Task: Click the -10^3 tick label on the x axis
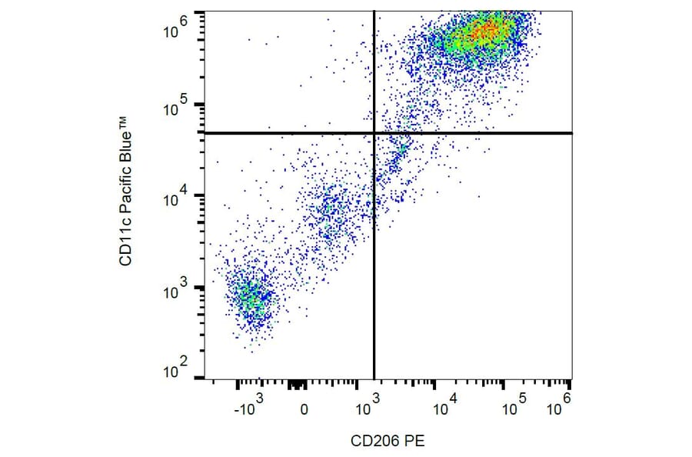point(248,409)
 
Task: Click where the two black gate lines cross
point(374,133)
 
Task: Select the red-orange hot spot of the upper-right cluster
point(484,32)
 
